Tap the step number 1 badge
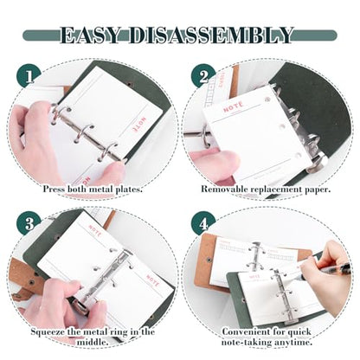click(x=29, y=76)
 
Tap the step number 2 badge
click(x=203, y=76)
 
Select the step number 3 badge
click(x=29, y=223)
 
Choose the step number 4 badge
click(x=203, y=223)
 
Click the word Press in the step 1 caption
click(x=54, y=190)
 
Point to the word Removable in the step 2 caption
click(x=224, y=190)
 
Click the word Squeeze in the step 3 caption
click(x=48, y=332)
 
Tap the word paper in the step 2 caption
click(x=318, y=190)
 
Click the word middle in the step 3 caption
click(x=93, y=343)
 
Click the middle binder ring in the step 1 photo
click(x=84, y=133)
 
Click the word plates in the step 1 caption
click(x=128, y=190)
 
